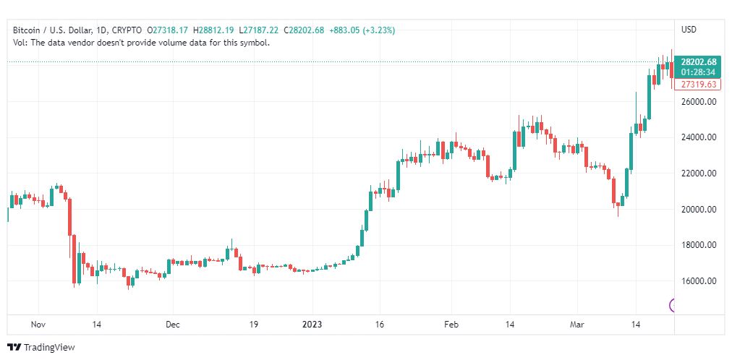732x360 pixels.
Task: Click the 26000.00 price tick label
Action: pyautogui.click(x=698, y=102)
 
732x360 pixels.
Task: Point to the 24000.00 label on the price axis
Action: pyautogui.click(x=698, y=137)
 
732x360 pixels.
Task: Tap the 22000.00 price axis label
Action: pyautogui.click(x=698, y=173)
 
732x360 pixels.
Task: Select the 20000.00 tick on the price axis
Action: pyautogui.click(x=698, y=210)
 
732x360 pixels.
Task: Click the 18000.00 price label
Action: pyautogui.click(x=698, y=245)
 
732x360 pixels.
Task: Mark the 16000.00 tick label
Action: pyautogui.click(x=698, y=281)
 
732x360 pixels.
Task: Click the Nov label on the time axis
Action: pyautogui.click(x=39, y=325)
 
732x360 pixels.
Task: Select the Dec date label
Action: pyautogui.click(x=172, y=325)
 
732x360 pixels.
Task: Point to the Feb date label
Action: pyautogui.click(x=451, y=325)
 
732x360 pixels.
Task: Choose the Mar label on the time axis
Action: pyautogui.click(x=578, y=325)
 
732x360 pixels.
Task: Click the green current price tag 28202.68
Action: pyautogui.click(x=698, y=62)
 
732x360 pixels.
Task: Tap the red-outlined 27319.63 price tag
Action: pyautogui.click(x=698, y=85)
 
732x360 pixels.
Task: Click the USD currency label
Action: pyautogui.click(x=689, y=30)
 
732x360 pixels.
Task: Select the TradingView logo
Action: pyautogui.click(x=41, y=348)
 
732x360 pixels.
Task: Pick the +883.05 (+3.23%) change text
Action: pyautogui.click(x=362, y=30)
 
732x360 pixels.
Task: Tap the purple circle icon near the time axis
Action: pyautogui.click(x=673, y=305)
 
